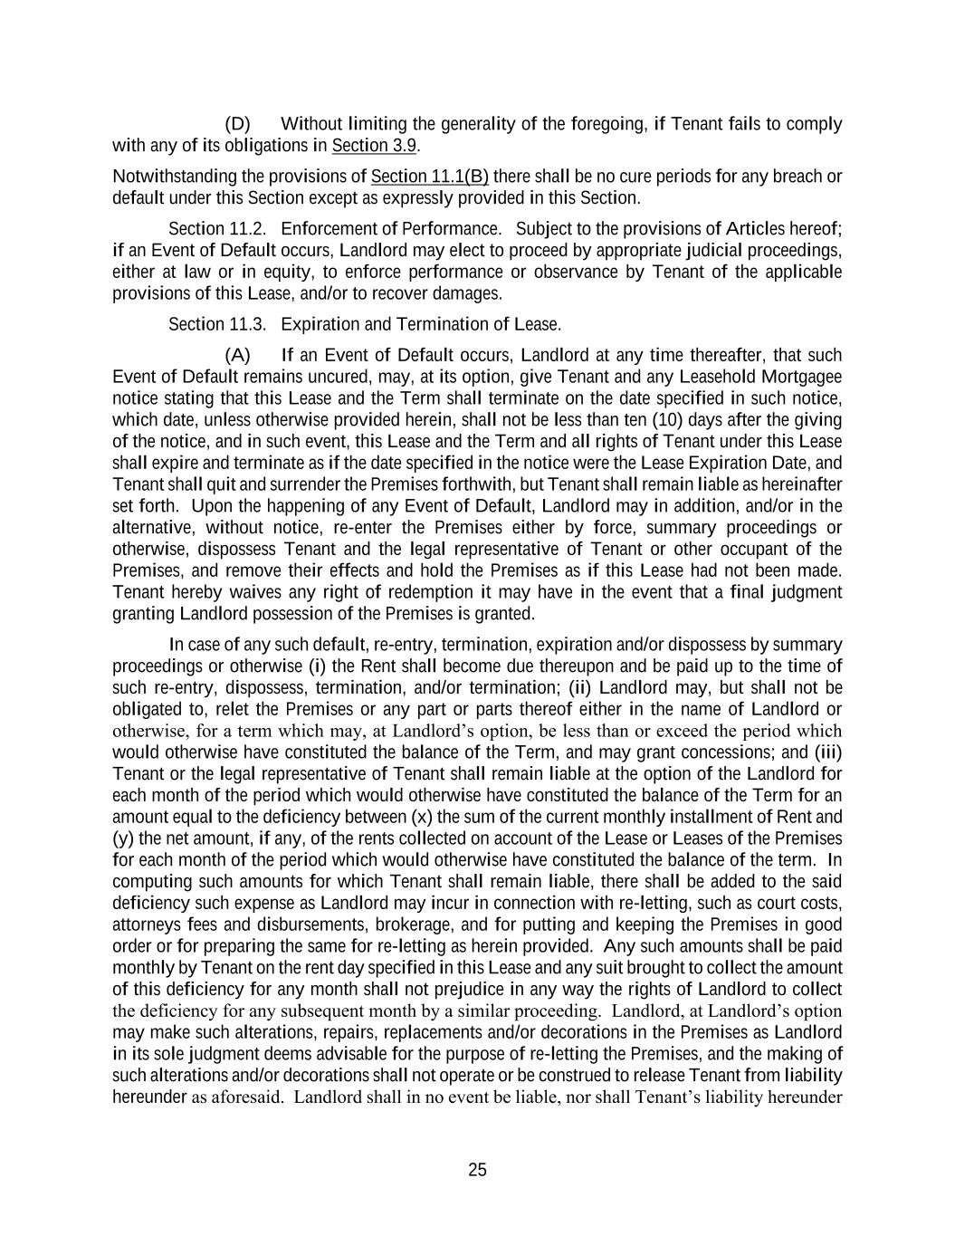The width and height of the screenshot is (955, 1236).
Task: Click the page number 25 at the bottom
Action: (x=477, y=1170)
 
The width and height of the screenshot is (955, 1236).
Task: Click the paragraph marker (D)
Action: (x=237, y=124)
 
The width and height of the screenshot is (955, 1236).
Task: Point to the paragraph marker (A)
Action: (x=237, y=355)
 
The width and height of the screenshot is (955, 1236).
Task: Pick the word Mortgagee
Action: (x=800, y=377)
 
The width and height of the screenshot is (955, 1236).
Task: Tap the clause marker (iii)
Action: (x=828, y=752)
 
